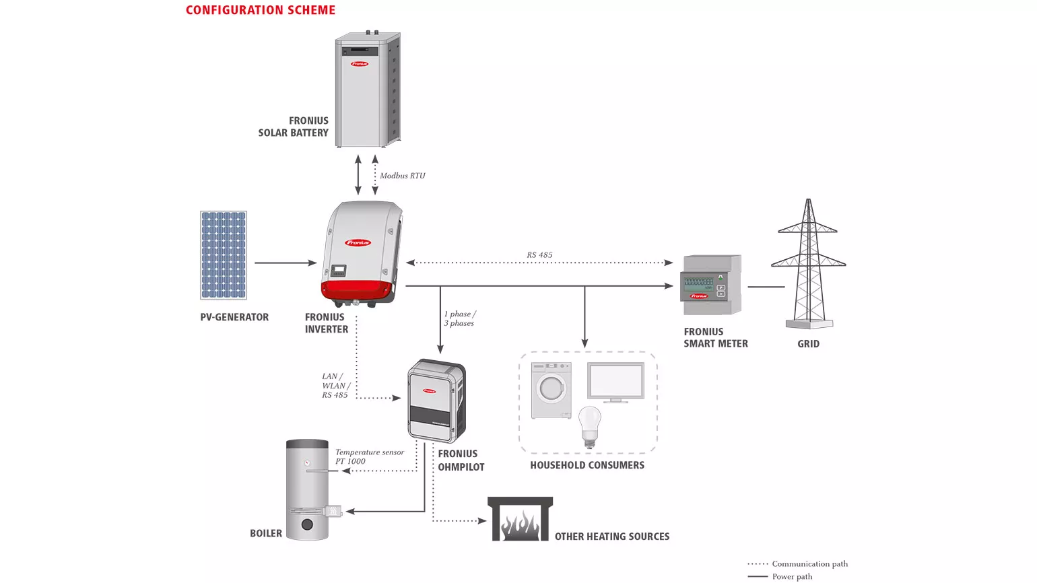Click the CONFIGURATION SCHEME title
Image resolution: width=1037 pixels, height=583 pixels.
[x=260, y=10]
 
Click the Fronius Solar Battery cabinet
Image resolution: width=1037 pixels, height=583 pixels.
[x=367, y=89]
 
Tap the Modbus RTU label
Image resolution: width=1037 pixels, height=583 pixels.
[x=402, y=176]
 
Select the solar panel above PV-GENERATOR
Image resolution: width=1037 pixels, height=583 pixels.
[x=224, y=255]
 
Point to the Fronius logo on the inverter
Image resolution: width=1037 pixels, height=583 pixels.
[x=358, y=242]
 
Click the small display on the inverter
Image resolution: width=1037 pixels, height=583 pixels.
[x=338, y=271]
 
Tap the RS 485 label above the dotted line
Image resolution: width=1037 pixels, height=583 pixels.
[x=539, y=255]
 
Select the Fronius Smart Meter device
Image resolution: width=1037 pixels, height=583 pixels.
[x=712, y=285]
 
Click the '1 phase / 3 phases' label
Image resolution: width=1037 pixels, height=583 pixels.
[x=459, y=318]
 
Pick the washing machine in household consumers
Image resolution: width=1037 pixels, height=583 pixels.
[x=551, y=390]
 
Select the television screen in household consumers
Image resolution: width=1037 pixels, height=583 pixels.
[x=615, y=382]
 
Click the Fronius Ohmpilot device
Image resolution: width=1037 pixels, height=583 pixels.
[x=436, y=401]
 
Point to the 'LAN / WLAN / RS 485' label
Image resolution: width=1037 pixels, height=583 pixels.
[x=335, y=386]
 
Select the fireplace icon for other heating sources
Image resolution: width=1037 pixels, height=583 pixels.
[x=520, y=519]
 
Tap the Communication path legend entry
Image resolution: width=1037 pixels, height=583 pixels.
[x=809, y=564]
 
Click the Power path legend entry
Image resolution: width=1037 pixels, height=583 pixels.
[x=792, y=577]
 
